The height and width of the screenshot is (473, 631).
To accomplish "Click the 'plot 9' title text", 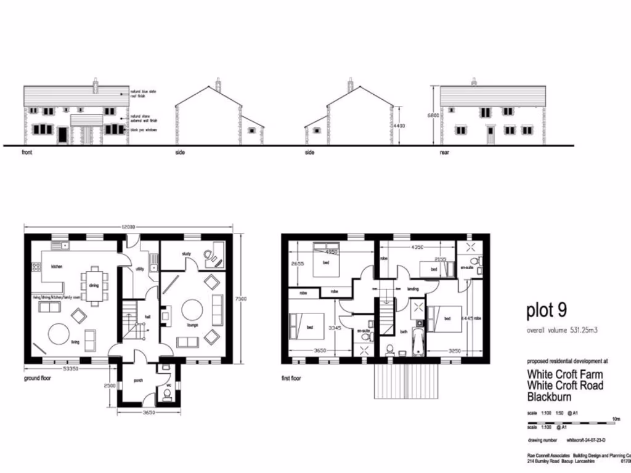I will pos(546,311).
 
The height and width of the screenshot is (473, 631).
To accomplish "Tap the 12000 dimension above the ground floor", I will pos(128,227).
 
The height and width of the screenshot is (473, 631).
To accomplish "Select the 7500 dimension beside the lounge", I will pos(242,298).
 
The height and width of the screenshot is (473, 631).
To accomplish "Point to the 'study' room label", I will pos(187,254).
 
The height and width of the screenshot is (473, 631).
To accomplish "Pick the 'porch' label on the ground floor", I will pos(139,380).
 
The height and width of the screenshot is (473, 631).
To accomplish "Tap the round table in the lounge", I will pos(192,309).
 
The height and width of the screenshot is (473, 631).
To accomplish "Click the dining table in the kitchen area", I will pos(94,285).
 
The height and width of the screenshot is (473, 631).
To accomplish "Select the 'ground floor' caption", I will pos(38,378).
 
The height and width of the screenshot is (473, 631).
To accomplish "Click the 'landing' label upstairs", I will pos(413,288).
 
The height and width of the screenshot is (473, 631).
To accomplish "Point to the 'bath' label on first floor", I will pos(404,331).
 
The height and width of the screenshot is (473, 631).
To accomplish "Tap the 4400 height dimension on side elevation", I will pos(401,126).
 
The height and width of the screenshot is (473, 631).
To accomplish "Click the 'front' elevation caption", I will pos(27,152).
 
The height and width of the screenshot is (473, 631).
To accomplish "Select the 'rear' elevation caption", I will pos(444,152).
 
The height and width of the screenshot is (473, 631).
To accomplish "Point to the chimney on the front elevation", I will pos(96,85).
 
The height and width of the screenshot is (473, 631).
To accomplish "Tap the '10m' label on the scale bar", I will pos(616,419).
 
